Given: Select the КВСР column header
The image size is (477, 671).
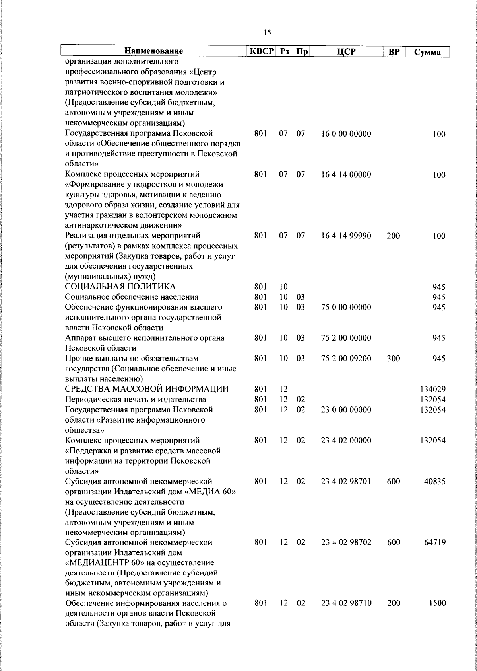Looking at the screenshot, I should point(262,52).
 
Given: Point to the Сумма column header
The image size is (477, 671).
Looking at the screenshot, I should point(427,52).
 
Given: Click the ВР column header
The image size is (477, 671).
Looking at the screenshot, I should point(393,52).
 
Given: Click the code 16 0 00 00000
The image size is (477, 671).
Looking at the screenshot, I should point(346,134).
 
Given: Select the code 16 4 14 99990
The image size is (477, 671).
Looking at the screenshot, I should point(346,236).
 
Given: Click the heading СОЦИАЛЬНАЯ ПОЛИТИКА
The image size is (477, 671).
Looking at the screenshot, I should point(120,287).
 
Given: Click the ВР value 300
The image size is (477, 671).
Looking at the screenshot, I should point(393,359).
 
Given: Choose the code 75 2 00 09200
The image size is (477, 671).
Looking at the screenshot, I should point(346,359).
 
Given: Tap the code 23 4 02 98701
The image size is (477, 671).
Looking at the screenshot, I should point(346,482).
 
